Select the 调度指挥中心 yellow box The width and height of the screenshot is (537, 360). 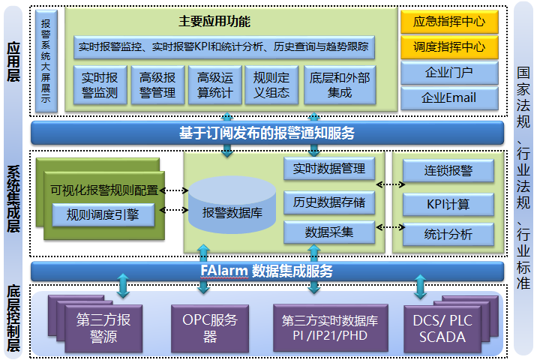pos(448,46)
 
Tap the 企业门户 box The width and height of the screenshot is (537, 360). pos(448,73)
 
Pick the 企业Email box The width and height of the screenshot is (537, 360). pos(448,97)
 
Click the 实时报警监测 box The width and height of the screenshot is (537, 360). pos(100,85)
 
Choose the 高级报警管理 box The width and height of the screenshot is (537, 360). pos(157,85)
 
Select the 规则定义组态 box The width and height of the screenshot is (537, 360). pos(272,85)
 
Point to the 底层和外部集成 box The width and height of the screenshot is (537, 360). pos(339,85)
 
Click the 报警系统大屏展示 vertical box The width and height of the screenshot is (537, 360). pos(46,60)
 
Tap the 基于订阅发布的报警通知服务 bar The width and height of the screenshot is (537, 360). pos(267,133)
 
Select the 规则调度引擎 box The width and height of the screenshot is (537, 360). pos(103,215)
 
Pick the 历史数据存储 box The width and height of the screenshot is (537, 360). pos(329,202)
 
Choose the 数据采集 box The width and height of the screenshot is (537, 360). pos(329,232)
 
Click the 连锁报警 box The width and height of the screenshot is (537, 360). pos(448,171)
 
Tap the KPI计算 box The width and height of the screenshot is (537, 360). pos(448,203)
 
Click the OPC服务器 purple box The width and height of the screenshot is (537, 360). pos(209,327)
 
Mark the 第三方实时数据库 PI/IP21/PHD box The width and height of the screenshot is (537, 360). pos(324,327)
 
